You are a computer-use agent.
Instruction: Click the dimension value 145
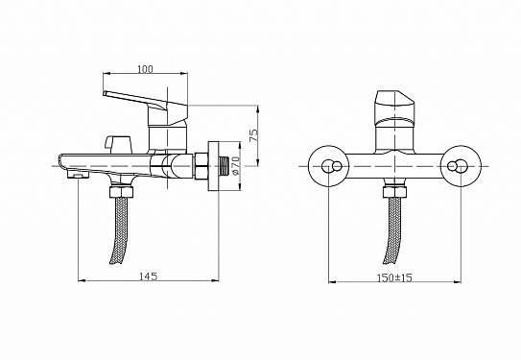[x=147, y=276]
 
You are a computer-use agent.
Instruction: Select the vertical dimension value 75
[x=254, y=135]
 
